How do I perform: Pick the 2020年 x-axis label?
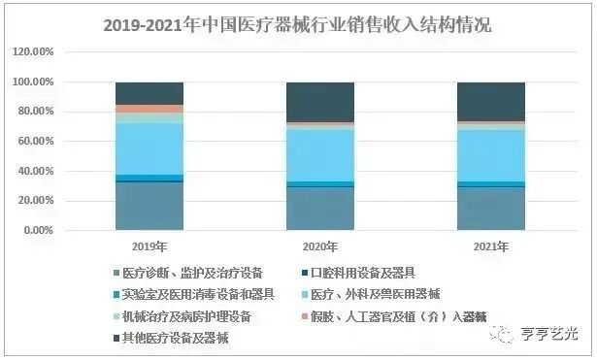(319, 247)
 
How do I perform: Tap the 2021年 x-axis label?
(490, 247)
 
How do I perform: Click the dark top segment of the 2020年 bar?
(319, 102)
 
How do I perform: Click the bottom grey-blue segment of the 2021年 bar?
(490, 209)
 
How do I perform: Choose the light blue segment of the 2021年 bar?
(490, 155)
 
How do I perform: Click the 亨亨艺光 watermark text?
(547, 334)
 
